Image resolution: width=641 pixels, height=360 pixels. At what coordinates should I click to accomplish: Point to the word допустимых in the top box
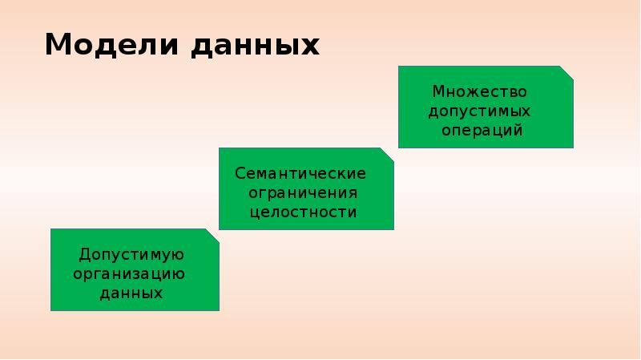[480, 110]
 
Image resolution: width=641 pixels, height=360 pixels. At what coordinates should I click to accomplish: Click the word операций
[486, 129]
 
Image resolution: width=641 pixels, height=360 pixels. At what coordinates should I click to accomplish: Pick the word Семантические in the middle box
[300, 174]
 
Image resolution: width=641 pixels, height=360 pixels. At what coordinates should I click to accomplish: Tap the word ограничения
[303, 193]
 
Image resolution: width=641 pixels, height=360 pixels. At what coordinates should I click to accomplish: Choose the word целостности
[303, 212]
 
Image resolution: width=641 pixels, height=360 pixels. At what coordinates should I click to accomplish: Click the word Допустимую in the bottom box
[132, 255]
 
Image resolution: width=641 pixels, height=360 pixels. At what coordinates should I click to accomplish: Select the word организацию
[130, 274]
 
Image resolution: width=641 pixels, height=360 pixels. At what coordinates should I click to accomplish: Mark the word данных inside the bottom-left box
[131, 293]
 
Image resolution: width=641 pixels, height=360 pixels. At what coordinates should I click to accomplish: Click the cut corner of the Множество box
[567, 72]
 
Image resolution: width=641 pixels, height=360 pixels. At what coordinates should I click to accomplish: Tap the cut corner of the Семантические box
[388, 153]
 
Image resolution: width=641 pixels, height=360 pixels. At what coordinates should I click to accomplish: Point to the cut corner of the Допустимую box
[212, 235]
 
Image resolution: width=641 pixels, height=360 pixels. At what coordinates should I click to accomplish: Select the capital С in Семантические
[240, 174]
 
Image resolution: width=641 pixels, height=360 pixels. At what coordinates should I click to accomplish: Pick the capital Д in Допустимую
[83, 255]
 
